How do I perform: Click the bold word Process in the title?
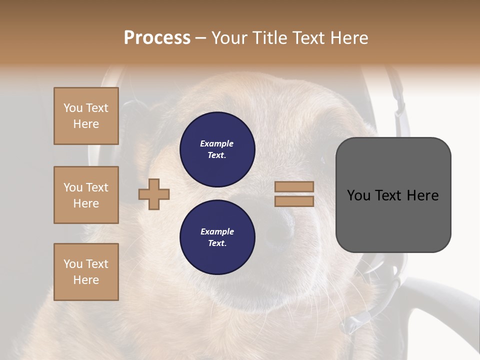(x=157, y=38)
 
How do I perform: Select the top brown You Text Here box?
(x=86, y=116)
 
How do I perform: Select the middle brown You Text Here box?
(x=86, y=195)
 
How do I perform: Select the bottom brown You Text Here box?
(x=86, y=271)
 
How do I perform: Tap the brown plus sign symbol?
(x=154, y=194)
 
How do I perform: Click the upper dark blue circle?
(x=217, y=149)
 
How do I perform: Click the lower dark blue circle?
(x=217, y=237)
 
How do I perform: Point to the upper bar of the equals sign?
(x=294, y=186)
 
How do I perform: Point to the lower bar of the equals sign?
(x=294, y=201)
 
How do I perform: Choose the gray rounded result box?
(x=393, y=194)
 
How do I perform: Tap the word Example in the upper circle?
(x=217, y=143)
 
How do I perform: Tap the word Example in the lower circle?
(x=217, y=231)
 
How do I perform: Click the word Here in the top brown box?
(x=86, y=124)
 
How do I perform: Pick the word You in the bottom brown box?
(x=73, y=263)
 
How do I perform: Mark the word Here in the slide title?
(x=349, y=38)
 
